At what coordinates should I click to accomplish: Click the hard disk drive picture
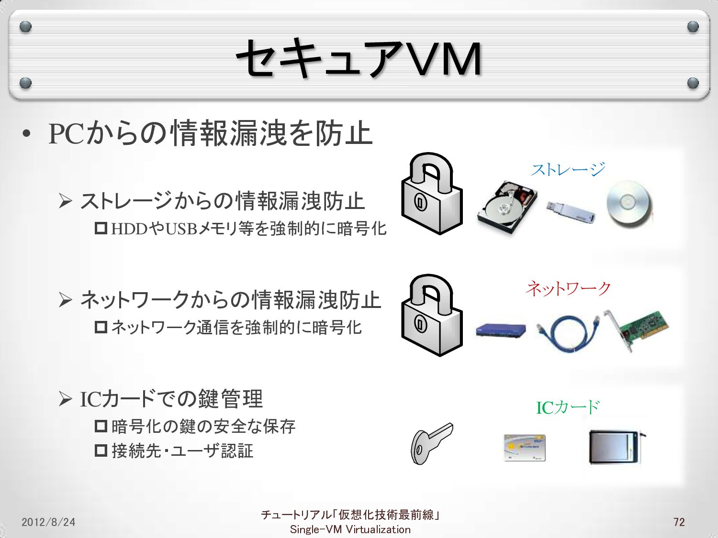coord(506,209)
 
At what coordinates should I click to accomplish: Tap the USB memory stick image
coord(571,211)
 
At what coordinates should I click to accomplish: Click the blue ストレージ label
coord(568,169)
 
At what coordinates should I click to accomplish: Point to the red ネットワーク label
coord(568,288)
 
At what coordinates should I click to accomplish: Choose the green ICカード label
coord(568,407)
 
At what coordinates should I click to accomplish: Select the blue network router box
coord(501,330)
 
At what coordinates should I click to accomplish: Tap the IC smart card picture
coord(525,448)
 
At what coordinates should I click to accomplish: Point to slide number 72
coord(679,522)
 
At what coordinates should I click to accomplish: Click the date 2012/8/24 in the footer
coord(48,522)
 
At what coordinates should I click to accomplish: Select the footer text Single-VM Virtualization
coord(350,529)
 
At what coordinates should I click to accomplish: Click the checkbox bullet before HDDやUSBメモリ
coord(101,228)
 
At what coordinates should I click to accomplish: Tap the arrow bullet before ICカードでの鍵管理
coord(65,398)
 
